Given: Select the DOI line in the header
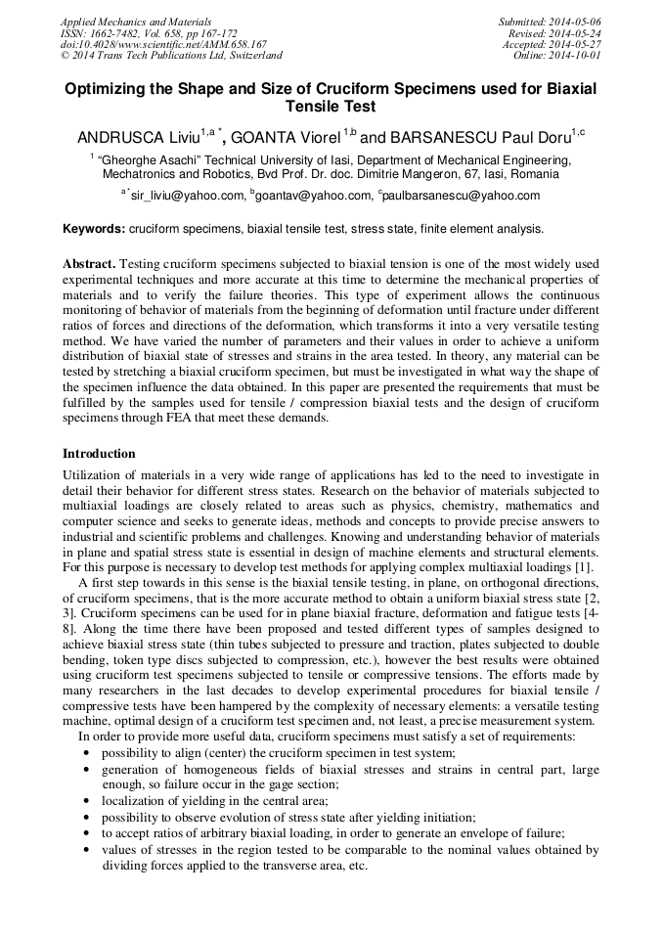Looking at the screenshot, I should (x=163, y=45).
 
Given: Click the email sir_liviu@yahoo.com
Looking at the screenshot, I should (x=187, y=196).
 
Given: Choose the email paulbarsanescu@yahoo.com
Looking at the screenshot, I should (x=461, y=196).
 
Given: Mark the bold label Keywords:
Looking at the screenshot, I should (x=94, y=229).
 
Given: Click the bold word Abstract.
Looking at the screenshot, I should (x=89, y=264).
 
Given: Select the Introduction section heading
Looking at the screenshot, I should (x=99, y=454).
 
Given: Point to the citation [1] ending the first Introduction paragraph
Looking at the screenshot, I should (x=582, y=568).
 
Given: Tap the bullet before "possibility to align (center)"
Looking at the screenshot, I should (x=88, y=752).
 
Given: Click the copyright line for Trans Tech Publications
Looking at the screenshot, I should (x=172, y=56).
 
